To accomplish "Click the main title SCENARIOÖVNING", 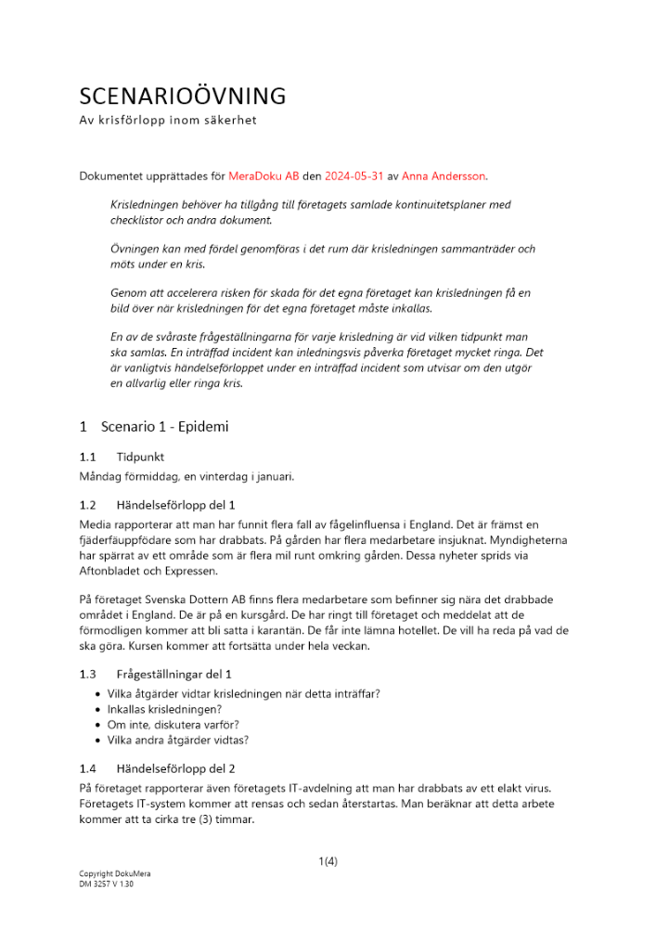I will point(183,97).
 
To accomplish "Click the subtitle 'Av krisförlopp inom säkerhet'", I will point(167,121).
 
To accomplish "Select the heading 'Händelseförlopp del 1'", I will point(176,505).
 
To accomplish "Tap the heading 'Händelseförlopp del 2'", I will point(176,769).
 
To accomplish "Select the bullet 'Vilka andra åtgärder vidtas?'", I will point(177,740).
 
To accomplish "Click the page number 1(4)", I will point(328,861).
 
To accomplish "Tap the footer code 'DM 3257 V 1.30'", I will point(107,884).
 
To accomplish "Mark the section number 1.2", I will point(88,505).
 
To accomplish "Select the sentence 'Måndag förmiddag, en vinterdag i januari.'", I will point(187,476).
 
